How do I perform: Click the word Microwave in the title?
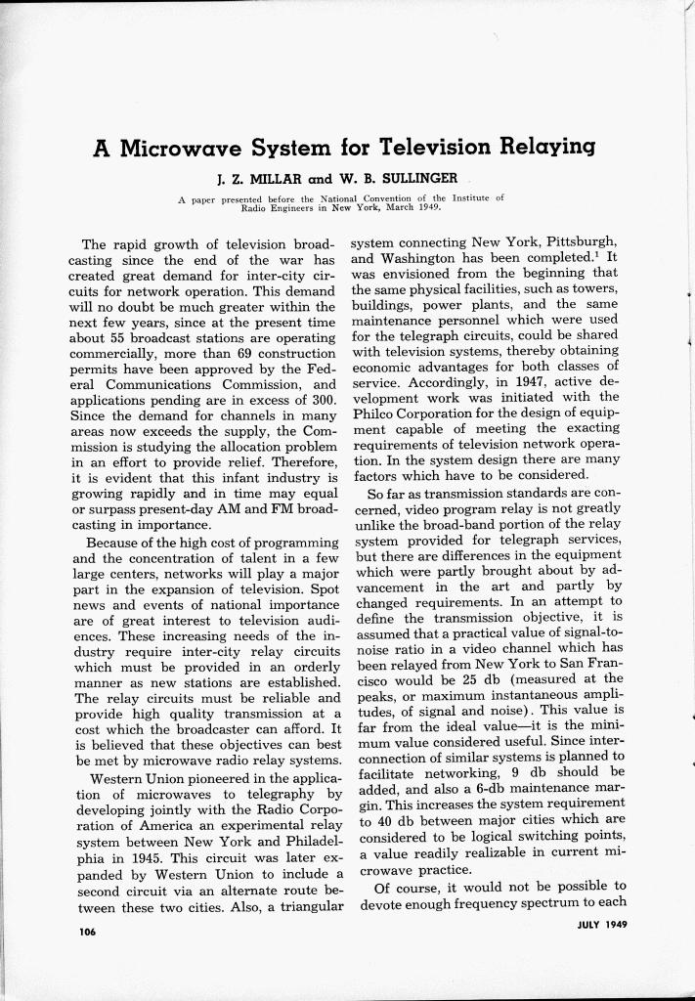tap(179, 149)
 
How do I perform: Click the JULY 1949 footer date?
tap(597, 923)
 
